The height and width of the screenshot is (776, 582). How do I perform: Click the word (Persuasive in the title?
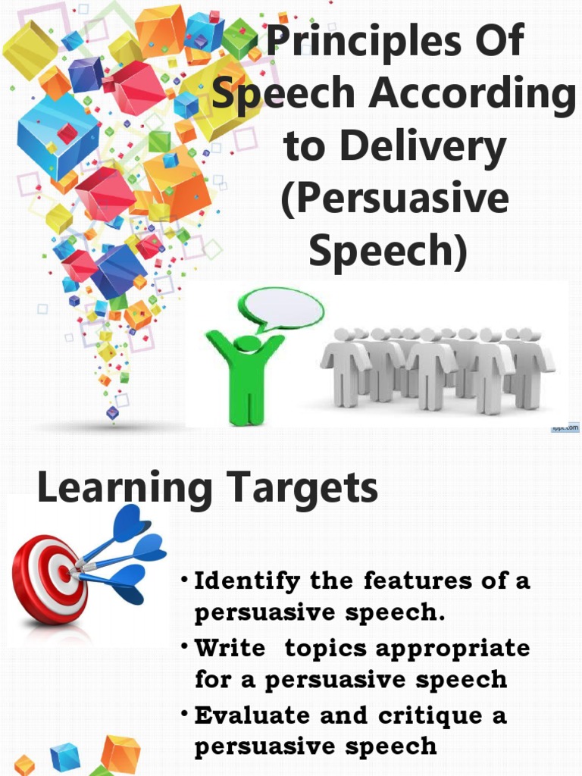tap(394, 199)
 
